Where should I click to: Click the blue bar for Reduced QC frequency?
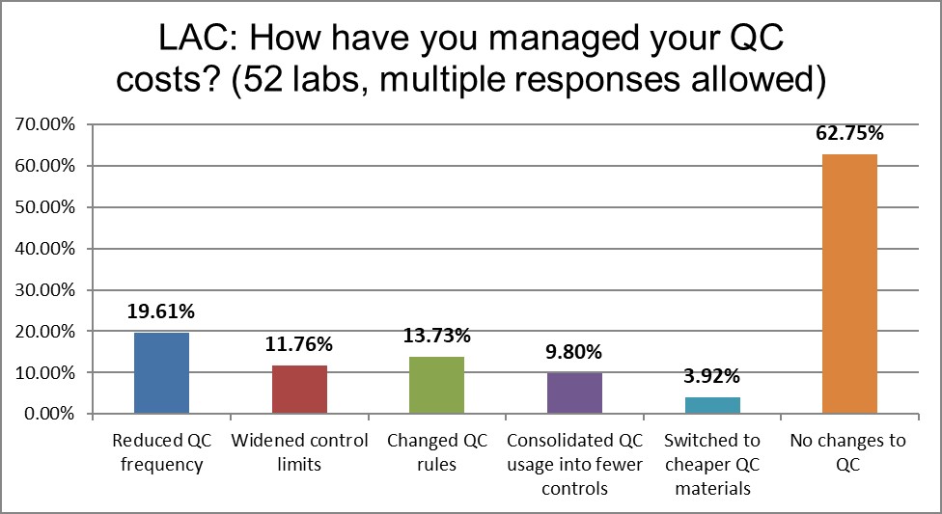[x=161, y=373]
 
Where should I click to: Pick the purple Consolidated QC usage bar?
[x=574, y=393]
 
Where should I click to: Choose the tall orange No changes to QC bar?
[x=849, y=284]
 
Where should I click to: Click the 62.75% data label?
[x=849, y=135]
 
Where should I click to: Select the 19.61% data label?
[x=161, y=313]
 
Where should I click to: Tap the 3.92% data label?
[x=711, y=378]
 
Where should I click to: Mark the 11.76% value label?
[x=299, y=345]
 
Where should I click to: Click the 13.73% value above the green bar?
[x=436, y=337]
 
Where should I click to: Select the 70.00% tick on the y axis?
[x=43, y=124]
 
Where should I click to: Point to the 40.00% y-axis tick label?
[x=43, y=249]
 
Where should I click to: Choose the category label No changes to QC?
[x=849, y=452]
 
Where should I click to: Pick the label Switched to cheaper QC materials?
[x=711, y=464]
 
